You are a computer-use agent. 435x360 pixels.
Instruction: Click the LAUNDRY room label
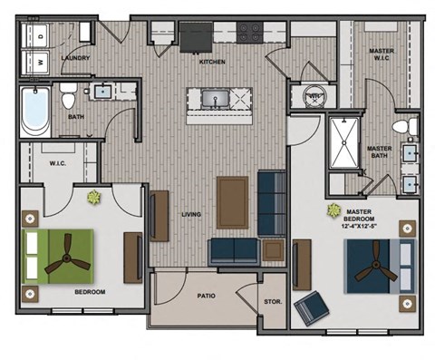point(75,58)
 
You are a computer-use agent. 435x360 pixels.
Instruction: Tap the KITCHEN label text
point(212,62)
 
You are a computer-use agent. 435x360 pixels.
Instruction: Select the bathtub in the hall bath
point(35,111)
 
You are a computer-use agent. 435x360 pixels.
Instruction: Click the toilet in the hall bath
point(68,93)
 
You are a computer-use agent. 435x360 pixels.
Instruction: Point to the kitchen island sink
point(214,98)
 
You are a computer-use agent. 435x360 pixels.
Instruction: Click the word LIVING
point(191,215)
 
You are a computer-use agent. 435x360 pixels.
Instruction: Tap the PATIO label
point(206,296)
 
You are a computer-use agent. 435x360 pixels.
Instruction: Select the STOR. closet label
point(272,301)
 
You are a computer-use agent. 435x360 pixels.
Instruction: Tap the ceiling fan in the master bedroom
point(373,270)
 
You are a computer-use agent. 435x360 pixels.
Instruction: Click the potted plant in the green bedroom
point(93,196)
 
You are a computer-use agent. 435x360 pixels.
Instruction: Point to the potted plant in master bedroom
point(331,210)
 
